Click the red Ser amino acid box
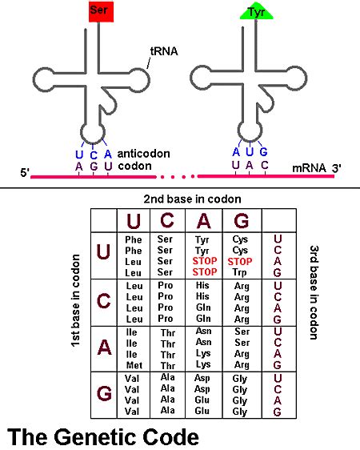click(x=101, y=10)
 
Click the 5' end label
click(x=23, y=171)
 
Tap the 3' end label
click(x=337, y=167)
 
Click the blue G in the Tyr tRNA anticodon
click(x=264, y=151)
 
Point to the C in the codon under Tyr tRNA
click(x=264, y=165)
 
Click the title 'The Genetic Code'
click(x=103, y=437)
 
